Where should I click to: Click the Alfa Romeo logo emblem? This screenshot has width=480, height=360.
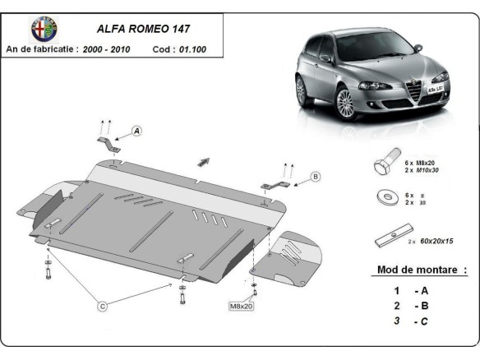(44, 28)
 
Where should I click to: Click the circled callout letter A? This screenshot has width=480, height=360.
(136, 131)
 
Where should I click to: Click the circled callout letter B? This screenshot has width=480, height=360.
(315, 176)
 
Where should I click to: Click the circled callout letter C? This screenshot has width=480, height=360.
(103, 307)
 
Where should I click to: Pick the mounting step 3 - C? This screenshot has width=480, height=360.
(411, 321)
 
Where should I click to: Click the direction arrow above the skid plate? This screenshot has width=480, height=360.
(203, 161)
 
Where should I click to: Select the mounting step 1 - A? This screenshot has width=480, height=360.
(411, 290)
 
